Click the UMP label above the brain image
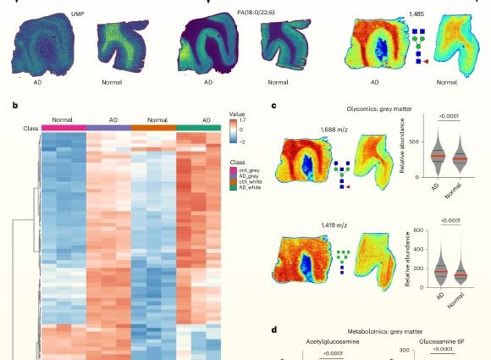77,14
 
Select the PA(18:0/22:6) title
256,12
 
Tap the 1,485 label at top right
417,14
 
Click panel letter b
15,106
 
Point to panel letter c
273,106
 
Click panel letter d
274,330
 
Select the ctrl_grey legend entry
249,170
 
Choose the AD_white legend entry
250,187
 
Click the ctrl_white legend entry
251,182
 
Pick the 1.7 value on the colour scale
242,120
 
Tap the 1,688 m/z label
334,130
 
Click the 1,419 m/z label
334,225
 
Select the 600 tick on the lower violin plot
418,230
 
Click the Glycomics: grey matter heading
379,109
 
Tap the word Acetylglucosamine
333,341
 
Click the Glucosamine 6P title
442,341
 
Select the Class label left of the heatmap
30,129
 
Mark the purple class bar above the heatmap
108,128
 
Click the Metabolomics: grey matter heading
385,331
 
